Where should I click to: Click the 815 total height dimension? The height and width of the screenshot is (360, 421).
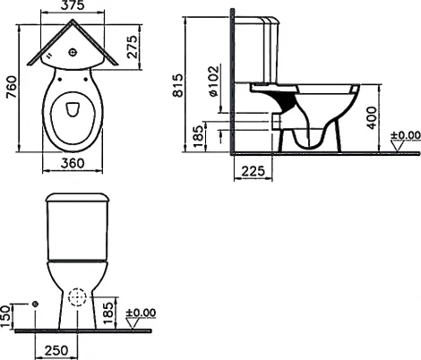point(177,85)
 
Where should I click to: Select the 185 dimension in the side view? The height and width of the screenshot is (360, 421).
point(198,138)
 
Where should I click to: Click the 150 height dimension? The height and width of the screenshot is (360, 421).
point(8,314)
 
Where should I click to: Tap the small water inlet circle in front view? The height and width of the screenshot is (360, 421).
point(34,305)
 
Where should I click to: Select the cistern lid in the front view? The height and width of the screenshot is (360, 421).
point(77,198)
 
